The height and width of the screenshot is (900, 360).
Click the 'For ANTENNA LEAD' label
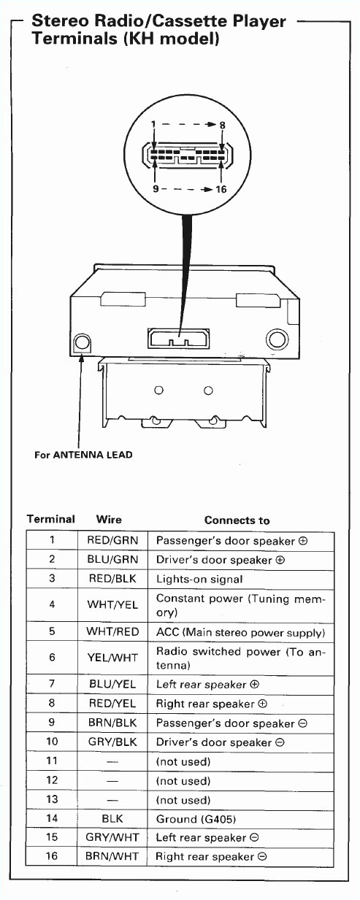[x=83, y=455]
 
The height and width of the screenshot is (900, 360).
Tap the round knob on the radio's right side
[x=277, y=339]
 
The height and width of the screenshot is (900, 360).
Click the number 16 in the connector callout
[x=221, y=189]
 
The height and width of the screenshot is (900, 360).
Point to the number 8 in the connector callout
[x=222, y=125]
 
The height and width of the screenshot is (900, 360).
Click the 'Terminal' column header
[x=50, y=520]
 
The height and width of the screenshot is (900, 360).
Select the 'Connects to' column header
[x=237, y=520]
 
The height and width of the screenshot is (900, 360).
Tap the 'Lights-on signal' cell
[x=199, y=580]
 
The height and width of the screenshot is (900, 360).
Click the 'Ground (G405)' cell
[x=196, y=819]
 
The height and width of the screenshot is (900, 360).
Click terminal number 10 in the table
[x=51, y=742]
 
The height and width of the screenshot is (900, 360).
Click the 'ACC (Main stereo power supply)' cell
[x=240, y=632]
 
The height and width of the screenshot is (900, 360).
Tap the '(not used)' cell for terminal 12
[x=183, y=781]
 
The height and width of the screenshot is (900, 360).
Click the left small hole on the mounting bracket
[x=158, y=390]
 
